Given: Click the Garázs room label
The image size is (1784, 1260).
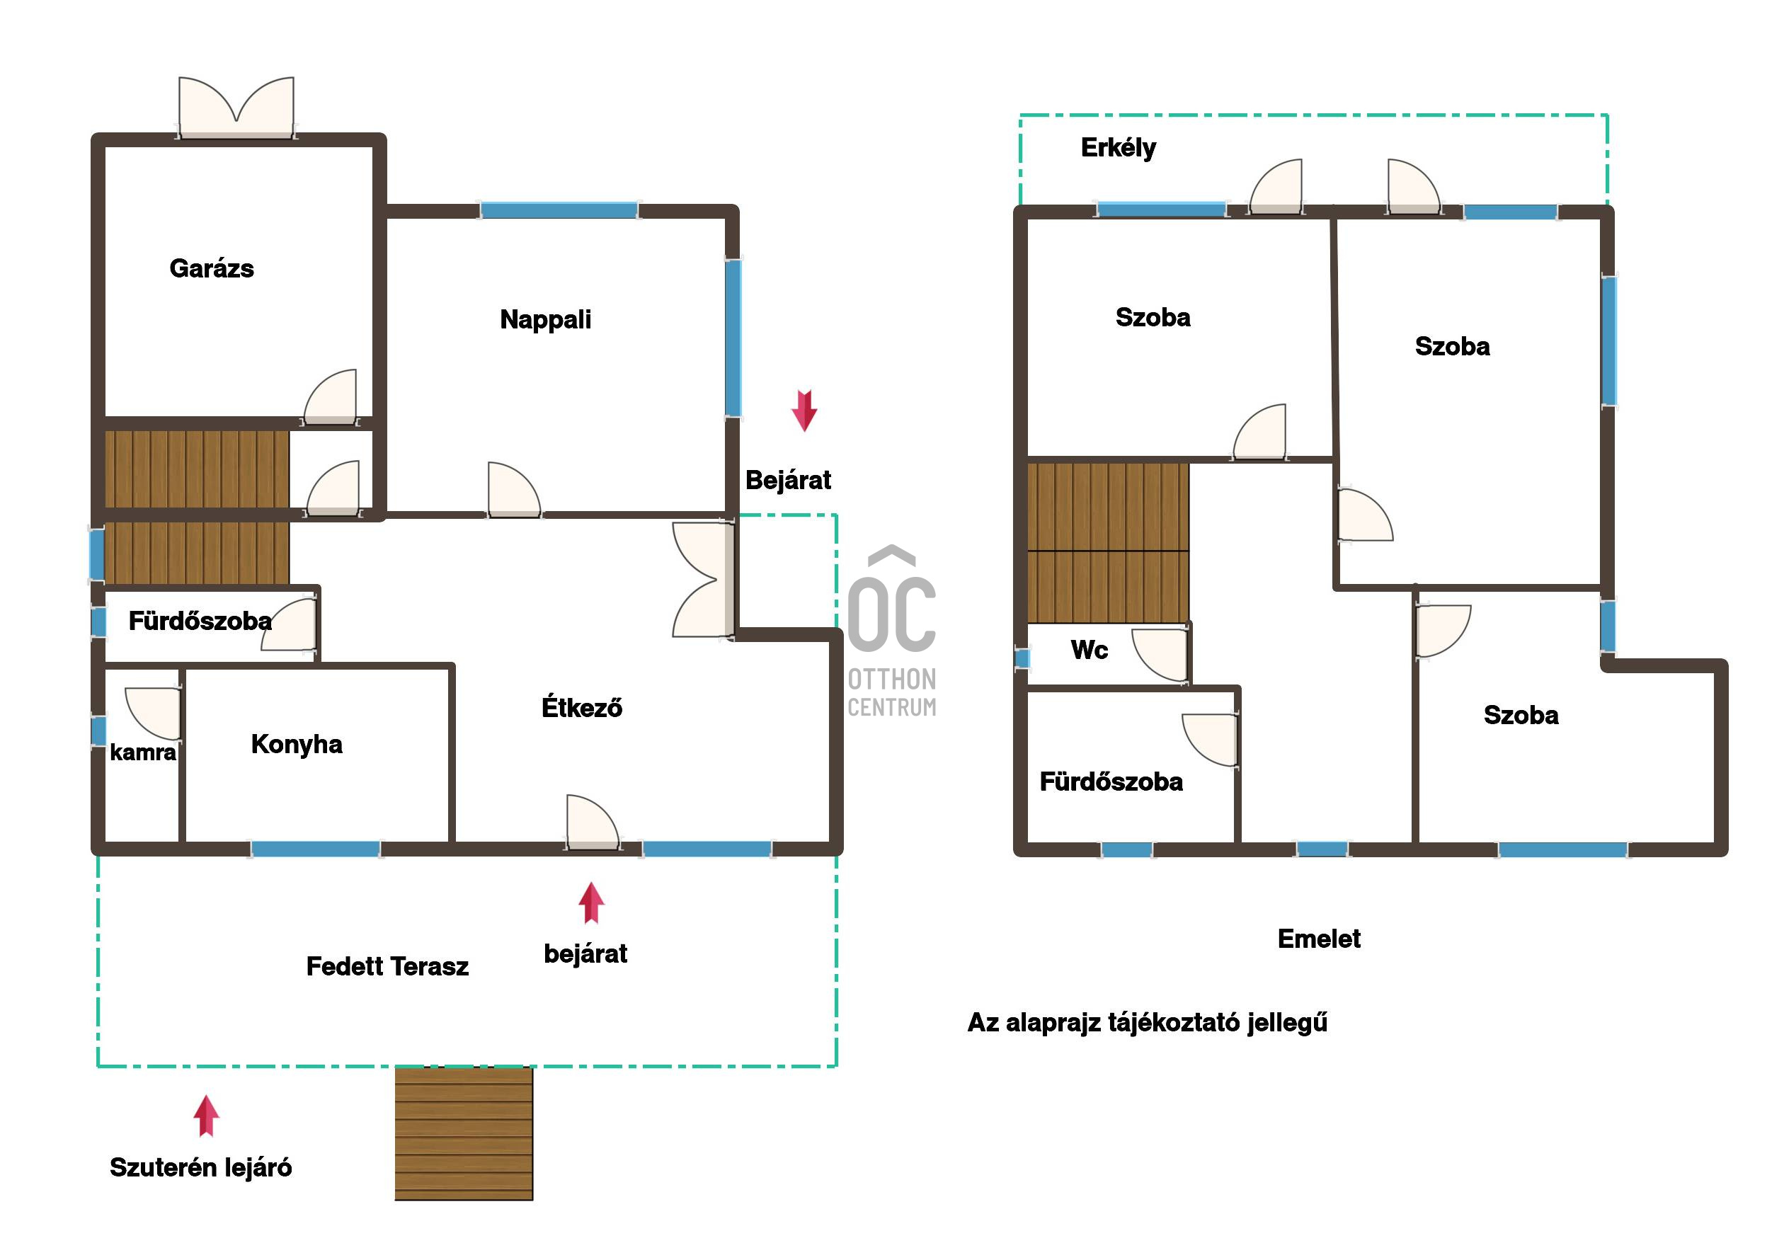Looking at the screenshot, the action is [x=212, y=269].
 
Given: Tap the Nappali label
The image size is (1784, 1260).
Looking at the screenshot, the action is [x=545, y=319].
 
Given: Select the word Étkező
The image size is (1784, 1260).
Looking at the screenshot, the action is [x=582, y=707].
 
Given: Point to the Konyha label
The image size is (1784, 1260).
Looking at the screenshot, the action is [x=296, y=744].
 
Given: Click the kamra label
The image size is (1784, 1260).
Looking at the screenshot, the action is [x=143, y=752].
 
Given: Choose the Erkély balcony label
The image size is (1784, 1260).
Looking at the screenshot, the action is [x=1118, y=148].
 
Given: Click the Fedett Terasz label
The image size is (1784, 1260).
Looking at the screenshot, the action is [x=387, y=966].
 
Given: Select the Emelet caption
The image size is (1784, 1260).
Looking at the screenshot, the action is [x=1319, y=939].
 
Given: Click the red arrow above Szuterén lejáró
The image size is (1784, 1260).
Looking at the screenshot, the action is [x=206, y=1116].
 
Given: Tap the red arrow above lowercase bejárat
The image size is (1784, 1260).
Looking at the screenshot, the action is [x=591, y=903].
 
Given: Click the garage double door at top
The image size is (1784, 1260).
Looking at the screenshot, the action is [x=236, y=109].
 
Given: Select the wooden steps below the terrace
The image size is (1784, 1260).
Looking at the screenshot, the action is [x=464, y=1133].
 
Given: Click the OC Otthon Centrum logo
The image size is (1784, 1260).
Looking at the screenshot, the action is [x=892, y=631].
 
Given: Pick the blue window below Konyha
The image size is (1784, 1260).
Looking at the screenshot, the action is [x=316, y=849].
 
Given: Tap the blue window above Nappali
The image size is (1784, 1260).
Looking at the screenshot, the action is [x=559, y=210].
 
